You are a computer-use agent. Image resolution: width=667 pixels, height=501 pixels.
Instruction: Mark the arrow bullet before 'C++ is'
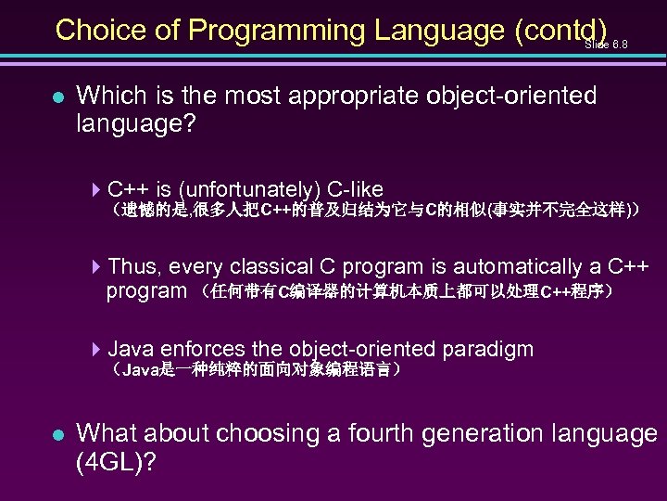click(x=98, y=189)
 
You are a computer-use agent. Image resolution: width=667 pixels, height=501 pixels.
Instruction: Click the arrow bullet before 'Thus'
click(x=98, y=267)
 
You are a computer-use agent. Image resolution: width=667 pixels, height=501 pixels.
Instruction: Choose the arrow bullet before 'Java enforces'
click(x=98, y=350)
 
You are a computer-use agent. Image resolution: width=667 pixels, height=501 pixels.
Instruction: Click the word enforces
click(x=203, y=350)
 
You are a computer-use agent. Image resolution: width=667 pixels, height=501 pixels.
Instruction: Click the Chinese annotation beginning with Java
click(x=256, y=370)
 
